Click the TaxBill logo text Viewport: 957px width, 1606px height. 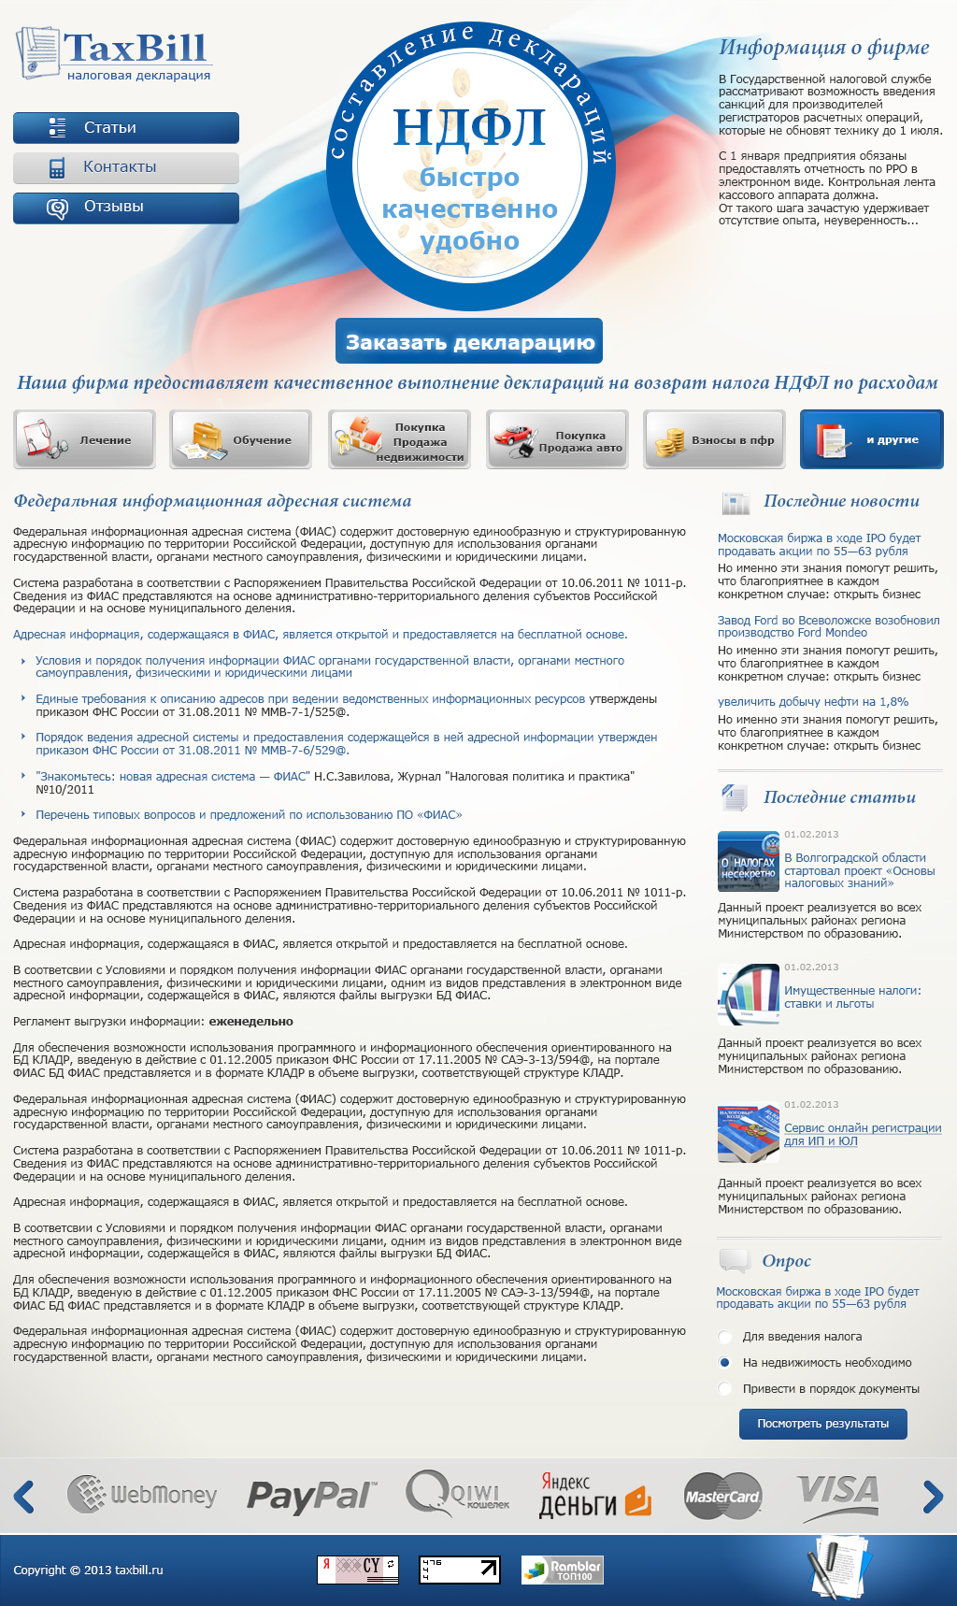pyautogui.click(x=135, y=48)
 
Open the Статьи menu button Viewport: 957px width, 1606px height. pyautogui.click(x=126, y=128)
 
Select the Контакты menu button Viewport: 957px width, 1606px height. pyautogui.click(x=126, y=167)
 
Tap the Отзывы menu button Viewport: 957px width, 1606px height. pyautogui.click(x=126, y=207)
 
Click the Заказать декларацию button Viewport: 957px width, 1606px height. pyautogui.click(x=469, y=342)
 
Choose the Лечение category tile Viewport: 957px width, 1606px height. pyautogui.click(x=84, y=439)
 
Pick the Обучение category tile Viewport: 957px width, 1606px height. pyautogui.click(x=241, y=439)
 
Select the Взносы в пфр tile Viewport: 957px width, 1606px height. pyautogui.click(x=714, y=439)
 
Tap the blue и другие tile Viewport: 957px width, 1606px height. pyautogui.click(x=871, y=439)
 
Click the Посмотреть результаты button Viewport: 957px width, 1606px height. pyautogui.click(x=822, y=1424)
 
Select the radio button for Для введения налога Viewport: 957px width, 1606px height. pyautogui.click(x=724, y=1337)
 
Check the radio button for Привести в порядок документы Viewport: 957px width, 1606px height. pyautogui.click(x=724, y=1389)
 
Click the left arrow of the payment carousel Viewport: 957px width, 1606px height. pyautogui.click(x=24, y=1497)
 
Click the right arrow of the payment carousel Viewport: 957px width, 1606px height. pyautogui.click(x=932, y=1497)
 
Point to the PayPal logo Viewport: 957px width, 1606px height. pyautogui.click(x=311, y=1496)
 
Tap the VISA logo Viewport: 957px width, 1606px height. pyautogui.click(x=837, y=1494)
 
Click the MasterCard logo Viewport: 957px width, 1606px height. pyautogui.click(x=722, y=1496)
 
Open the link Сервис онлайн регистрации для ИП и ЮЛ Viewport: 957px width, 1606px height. pyautogui.click(x=862, y=1134)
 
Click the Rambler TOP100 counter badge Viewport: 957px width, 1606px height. pyautogui.click(x=562, y=1570)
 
